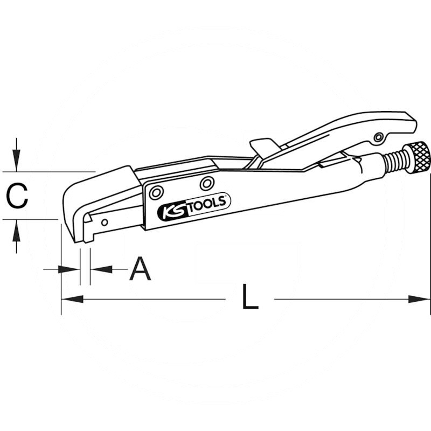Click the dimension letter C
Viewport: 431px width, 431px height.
pos(17,196)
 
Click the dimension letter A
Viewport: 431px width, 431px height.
pos(140,268)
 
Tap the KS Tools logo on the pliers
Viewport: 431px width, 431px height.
pos(194,206)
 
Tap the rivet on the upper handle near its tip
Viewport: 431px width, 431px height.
pos(379,137)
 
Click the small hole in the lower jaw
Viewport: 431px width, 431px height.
pos(105,223)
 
